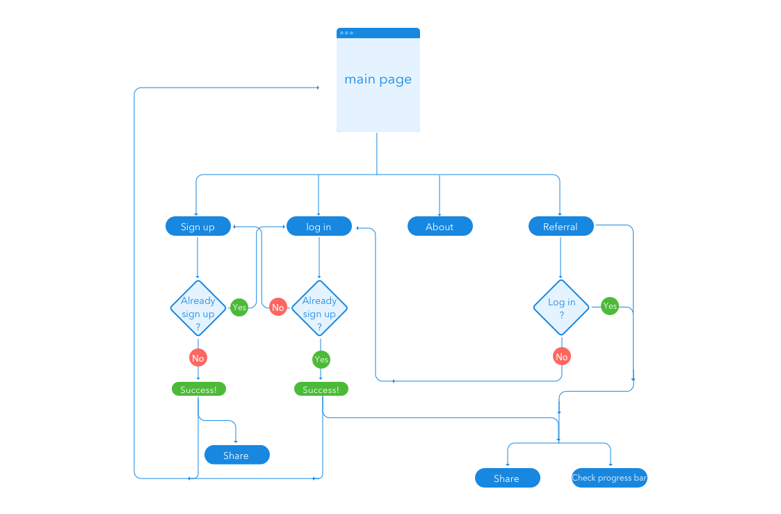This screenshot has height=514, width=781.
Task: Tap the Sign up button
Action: coord(198,227)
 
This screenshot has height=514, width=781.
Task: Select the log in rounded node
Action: coord(319,227)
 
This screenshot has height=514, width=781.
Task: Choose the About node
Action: coord(440,227)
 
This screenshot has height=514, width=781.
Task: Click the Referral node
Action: coord(560,227)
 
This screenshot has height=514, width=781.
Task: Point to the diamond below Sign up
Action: coord(198,307)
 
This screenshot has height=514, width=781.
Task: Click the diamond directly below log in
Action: coord(319,307)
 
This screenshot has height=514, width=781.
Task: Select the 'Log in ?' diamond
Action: coord(561,307)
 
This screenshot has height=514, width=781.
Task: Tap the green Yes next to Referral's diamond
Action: coord(610,306)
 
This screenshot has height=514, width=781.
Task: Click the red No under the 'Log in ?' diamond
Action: coord(561,357)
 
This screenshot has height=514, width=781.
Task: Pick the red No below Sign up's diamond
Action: coord(198,358)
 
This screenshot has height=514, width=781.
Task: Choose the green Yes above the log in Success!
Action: coord(321,360)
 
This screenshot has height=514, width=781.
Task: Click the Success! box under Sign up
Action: coord(198,389)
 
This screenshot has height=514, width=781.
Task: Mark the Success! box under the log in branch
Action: coord(321,389)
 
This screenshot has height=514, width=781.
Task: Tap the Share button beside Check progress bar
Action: coord(507,479)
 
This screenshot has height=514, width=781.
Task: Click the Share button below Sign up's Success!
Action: coord(236,456)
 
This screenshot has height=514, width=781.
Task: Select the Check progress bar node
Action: coord(609,478)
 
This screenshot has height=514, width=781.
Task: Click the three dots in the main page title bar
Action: coord(346,33)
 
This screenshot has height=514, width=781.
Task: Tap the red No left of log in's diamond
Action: coord(278,307)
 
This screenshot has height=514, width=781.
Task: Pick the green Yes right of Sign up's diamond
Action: coord(239,307)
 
